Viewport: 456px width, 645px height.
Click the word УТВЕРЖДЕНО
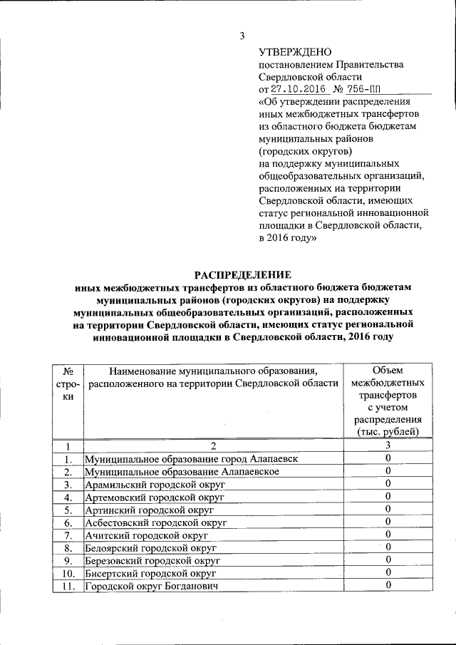pos(295,52)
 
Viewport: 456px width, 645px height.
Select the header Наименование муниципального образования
pos(212,377)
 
